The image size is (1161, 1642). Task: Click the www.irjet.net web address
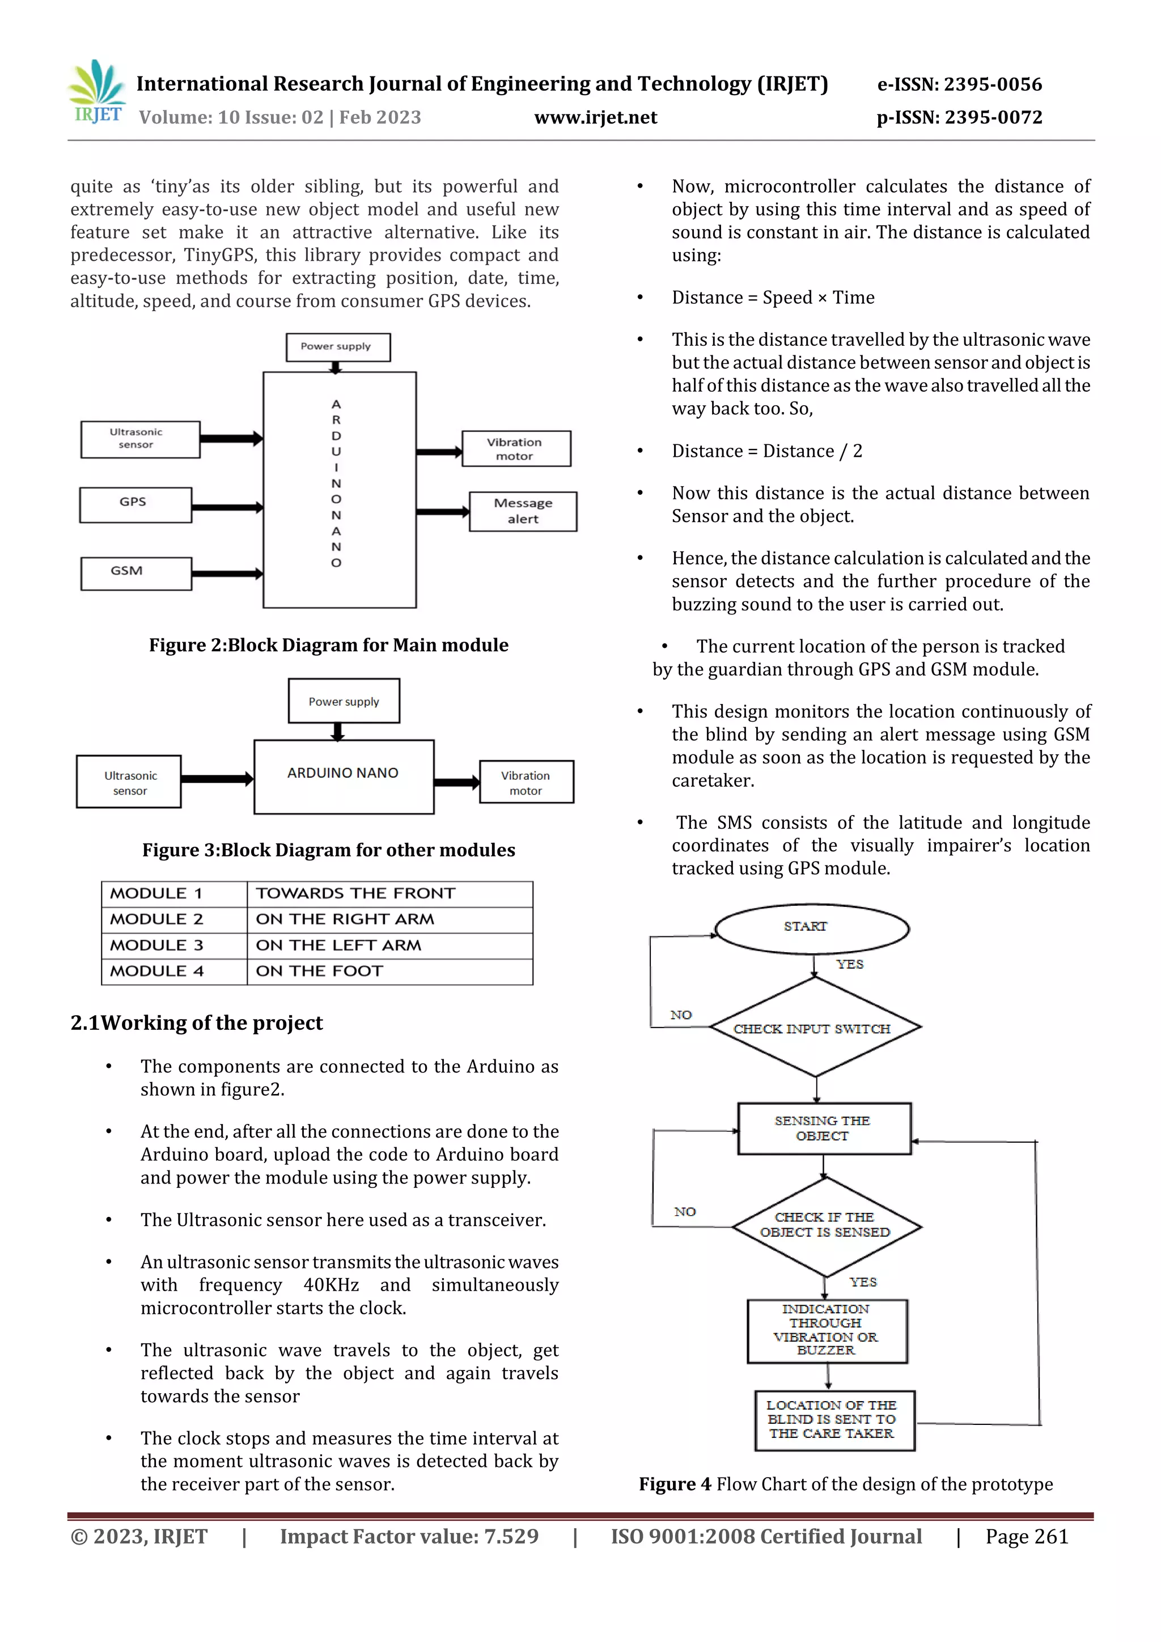click(x=595, y=117)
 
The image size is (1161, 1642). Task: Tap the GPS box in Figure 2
click(x=135, y=504)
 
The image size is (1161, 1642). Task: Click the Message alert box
click(x=522, y=511)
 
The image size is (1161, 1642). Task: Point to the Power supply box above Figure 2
click(x=338, y=347)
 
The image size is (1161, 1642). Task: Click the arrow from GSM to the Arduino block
click(x=227, y=574)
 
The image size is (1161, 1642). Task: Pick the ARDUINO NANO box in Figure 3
click(x=344, y=776)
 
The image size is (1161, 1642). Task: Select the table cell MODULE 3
click(x=174, y=945)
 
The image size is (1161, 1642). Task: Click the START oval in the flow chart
click(x=812, y=928)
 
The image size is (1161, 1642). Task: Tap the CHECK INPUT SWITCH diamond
click(x=815, y=1028)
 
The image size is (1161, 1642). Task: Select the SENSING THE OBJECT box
click(x=823, y=1128)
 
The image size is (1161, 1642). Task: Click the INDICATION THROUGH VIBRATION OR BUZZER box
click(x=827, y=1330)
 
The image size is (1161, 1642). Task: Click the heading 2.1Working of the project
click(x=197, y=1022)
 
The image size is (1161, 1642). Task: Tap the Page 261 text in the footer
click(x=1027, y=1536)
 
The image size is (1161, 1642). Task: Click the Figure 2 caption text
click(x=328, y=645)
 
